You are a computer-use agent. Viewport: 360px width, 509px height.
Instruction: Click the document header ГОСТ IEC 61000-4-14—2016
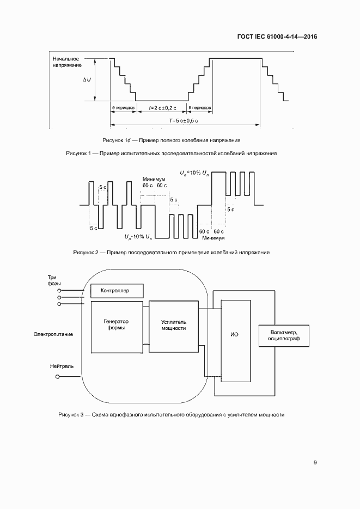click(277, 37)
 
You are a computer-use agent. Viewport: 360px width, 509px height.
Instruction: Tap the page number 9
click(315, 463)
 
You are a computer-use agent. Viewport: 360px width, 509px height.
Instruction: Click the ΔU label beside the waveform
click(87, 79)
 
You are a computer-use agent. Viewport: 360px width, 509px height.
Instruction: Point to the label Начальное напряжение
click(67, 62)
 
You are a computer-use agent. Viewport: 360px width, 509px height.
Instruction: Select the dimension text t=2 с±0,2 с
click(161, 108)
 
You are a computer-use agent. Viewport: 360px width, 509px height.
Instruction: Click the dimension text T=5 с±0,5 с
click(183, 120)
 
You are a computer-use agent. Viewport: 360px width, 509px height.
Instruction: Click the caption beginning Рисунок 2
click(172, 253)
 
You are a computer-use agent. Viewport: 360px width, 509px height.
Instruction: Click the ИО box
click(235, 334)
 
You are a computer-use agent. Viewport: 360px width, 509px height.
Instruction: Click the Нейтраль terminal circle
click(59, 376)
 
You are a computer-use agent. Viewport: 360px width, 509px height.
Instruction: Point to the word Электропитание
click(53, 334)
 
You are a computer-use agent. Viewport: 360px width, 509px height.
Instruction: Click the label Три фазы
click(52, 280)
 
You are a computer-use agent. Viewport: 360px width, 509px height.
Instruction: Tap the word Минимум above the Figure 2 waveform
click(154, 179)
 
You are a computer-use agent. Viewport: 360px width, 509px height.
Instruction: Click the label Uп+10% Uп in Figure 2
click(194, 173)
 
